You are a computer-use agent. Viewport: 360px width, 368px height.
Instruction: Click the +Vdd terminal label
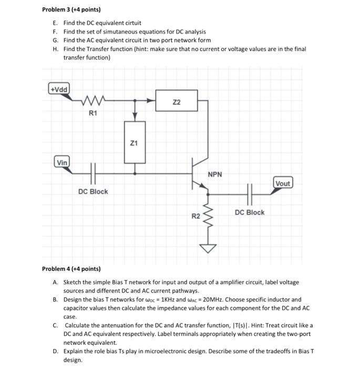[58, 88]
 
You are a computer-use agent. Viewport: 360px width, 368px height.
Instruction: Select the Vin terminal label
[62, 162]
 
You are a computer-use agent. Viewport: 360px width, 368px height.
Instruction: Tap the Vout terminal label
[282, 183]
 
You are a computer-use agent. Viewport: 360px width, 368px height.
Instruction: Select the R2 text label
[195, 216]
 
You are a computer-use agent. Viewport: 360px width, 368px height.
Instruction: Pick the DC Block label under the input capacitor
[93, 191]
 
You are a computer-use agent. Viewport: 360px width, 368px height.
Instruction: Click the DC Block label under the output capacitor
[250, 212]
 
